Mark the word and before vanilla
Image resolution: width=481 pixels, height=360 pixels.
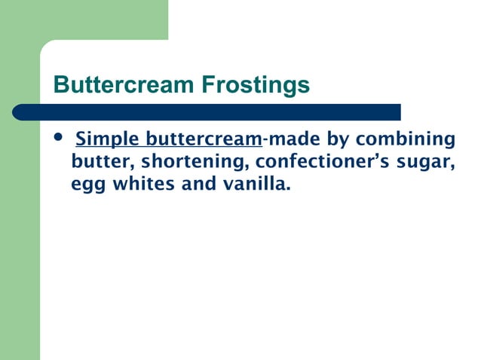[x=198, y=183]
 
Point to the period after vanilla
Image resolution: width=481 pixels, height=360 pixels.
[x=288, y=188]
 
